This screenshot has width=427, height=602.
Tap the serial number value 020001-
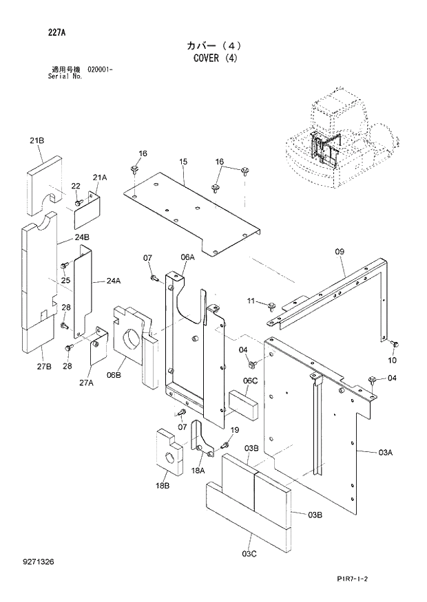coord(101,70)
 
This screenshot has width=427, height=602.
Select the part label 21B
coord(37,140)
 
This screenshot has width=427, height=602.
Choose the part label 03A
coord(385,452)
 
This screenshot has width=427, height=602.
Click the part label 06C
coord(249,380)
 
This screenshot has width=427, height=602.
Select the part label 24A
coord(114,281)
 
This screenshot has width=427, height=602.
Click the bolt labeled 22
coord(79,202)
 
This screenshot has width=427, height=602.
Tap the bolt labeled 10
coord(395,343)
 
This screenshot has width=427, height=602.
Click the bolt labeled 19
coord(225,447)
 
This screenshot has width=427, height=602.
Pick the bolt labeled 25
coord(65,265)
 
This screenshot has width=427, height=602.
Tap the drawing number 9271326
coord(37,562)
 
